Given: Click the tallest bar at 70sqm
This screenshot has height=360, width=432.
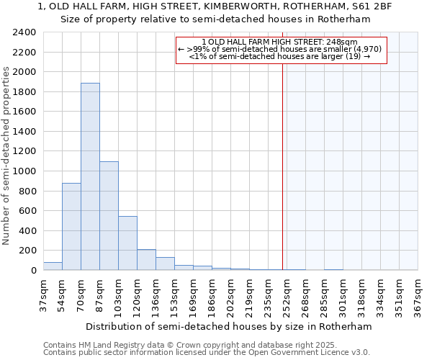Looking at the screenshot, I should click(x=90, y=176).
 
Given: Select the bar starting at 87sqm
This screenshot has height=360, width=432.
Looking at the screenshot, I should click(x=109, y=216).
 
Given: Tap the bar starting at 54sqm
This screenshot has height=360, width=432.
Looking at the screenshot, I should click(x=71, y=227).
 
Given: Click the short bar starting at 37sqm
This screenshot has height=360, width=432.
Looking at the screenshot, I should click(x=53, y=266).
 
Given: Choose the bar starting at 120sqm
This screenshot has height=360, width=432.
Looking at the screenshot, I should click(x=146, y=260).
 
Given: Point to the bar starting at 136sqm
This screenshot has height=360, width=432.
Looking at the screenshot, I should click(x=165, y=264).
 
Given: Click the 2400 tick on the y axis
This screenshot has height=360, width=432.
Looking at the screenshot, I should click(x=24, y=32).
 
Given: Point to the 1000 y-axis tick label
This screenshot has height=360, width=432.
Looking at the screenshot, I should click(x=24, y=171).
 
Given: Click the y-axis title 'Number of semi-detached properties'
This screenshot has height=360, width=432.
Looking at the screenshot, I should click(x=7, y=156).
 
